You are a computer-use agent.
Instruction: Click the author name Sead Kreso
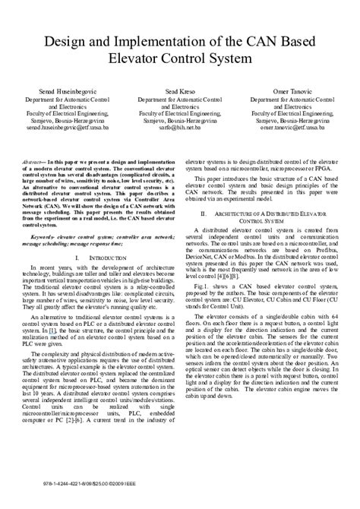[180, 89]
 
